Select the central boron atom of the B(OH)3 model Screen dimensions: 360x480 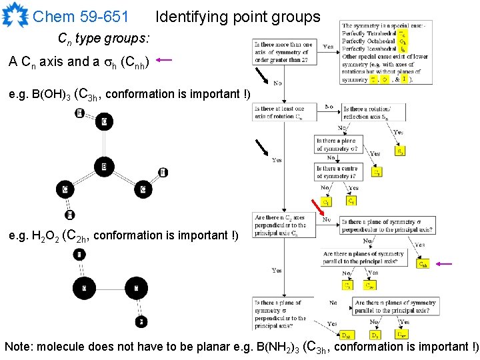coord(103,166)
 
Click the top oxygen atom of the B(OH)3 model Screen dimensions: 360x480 coord(104,122)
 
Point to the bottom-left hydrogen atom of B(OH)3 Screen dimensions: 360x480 coord(69,215)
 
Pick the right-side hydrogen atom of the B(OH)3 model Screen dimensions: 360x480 coord(163,173)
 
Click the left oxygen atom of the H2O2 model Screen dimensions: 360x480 coord(85,289)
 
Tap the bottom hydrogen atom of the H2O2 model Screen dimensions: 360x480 coord(140,322)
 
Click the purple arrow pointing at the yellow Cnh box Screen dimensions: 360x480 coord(444,264)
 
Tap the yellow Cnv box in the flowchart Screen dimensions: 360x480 coord(369,285)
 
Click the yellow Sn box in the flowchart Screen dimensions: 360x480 coord(400,151)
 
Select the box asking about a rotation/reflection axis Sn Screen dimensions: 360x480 coord(374,112)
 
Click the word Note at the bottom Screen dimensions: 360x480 coord(19,347)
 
